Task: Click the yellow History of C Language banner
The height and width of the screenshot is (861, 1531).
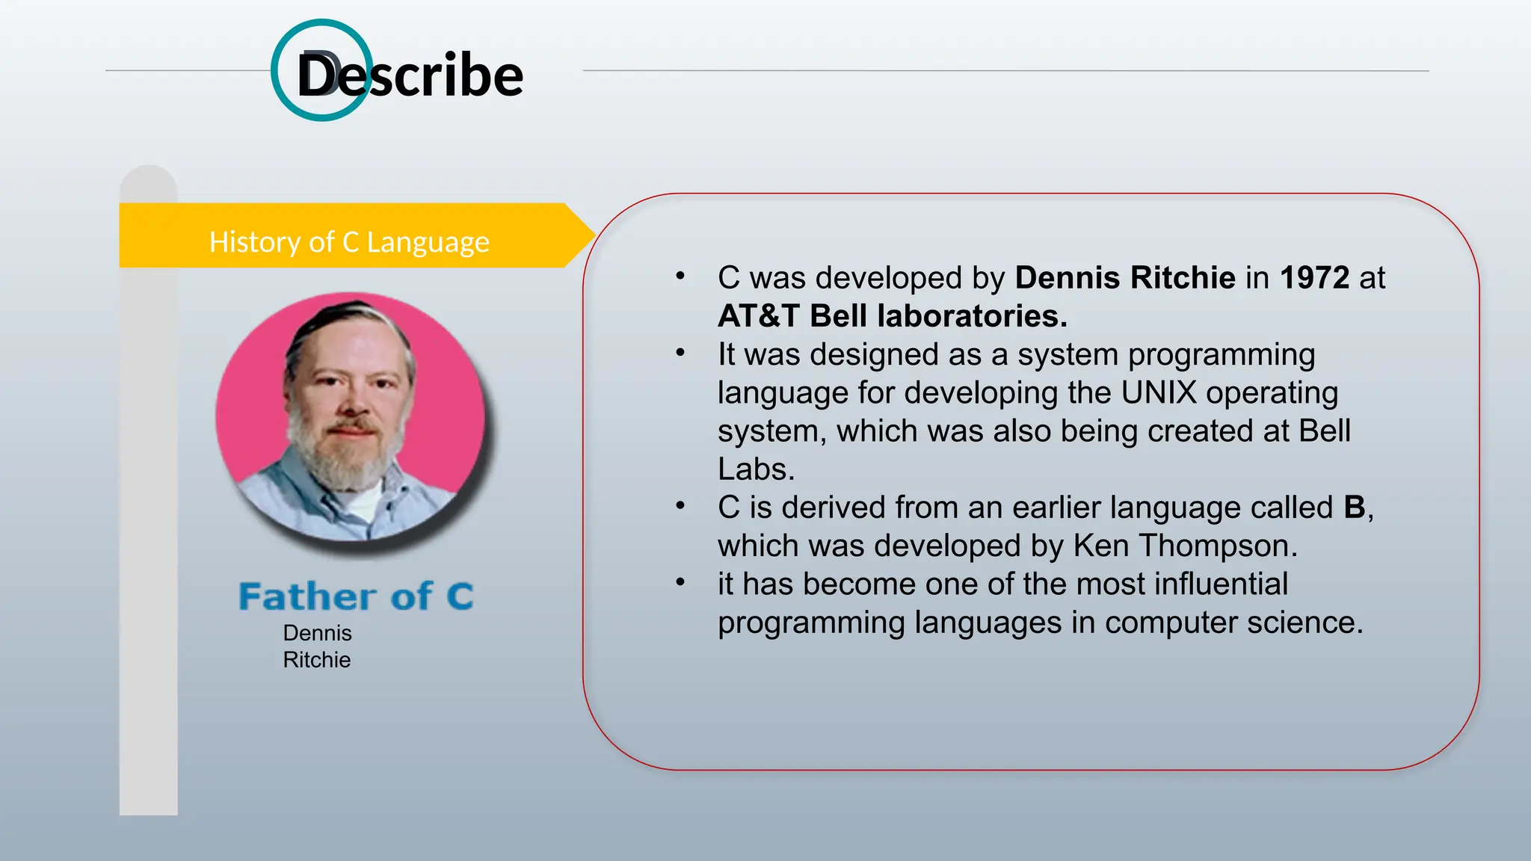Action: [348, 242]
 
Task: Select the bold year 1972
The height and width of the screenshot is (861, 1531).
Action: [1314, 278]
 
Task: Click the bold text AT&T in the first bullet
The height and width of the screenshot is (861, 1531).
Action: [758, 316]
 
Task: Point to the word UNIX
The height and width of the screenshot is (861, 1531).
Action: [1159, 392]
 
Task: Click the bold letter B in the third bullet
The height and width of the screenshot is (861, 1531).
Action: [1354, 507]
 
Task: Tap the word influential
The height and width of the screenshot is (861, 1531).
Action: [1221, 584]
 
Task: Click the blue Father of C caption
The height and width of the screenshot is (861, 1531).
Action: [356, 596]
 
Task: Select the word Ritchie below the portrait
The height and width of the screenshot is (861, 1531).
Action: [316, 660]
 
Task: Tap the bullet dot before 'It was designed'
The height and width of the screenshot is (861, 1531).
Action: [680, 353]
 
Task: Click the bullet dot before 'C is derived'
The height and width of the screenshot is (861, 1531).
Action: [680, 506]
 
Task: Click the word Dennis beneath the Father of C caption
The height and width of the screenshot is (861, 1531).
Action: [317, 633]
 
